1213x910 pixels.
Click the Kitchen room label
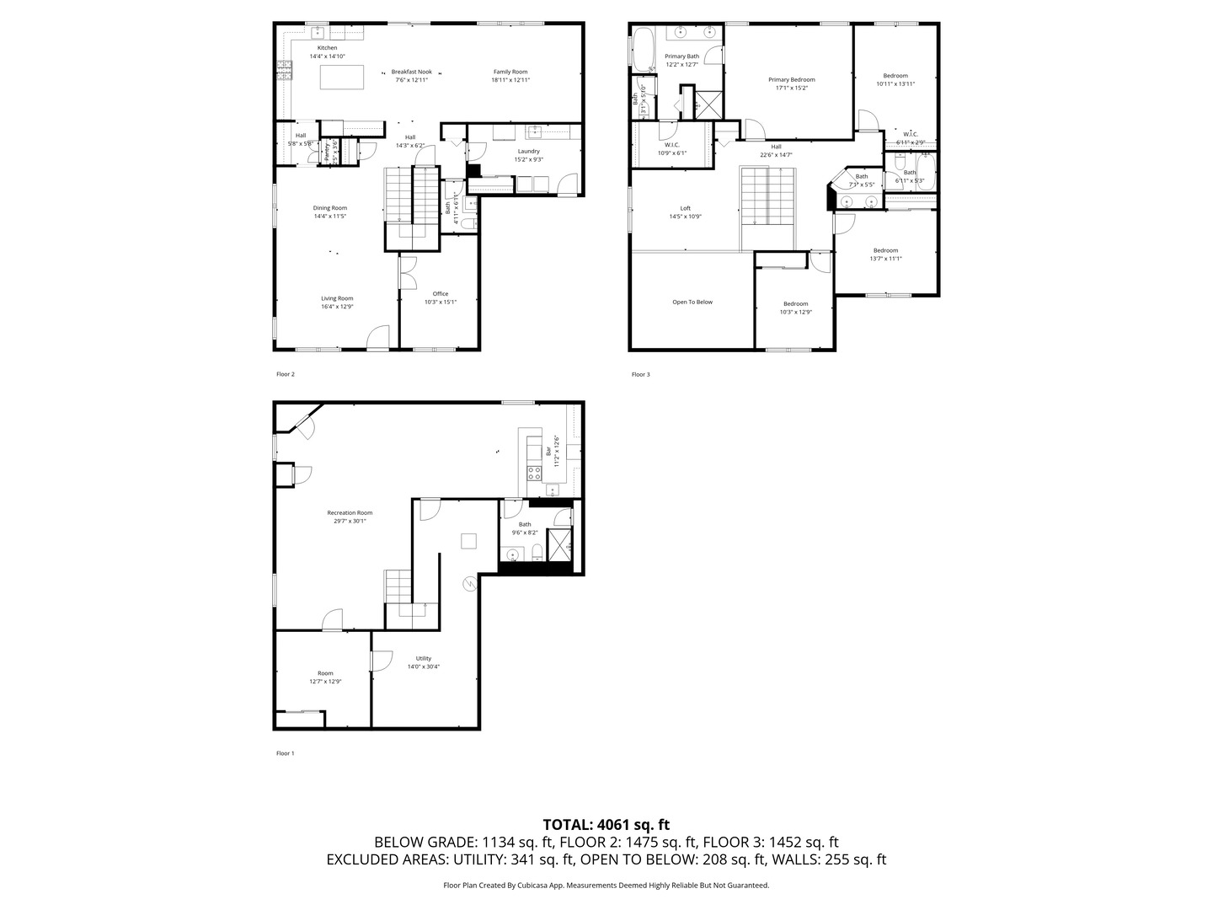coord(327,48)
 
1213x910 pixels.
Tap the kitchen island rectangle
coord(342,78)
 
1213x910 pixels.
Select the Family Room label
coord(510,72)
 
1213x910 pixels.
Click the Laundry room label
coord(528,151)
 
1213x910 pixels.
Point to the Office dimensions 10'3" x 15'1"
coord(440,302)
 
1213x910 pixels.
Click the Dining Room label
coord(329,208)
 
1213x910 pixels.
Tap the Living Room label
coord(337,298)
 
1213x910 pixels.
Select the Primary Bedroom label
coord(791,80)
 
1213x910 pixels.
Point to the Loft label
coord(685,208)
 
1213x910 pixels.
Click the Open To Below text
coord(692,302)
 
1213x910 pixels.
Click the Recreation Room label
coord(350,512)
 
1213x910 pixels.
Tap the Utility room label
coord(423,658)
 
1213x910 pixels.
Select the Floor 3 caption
coord(640,374)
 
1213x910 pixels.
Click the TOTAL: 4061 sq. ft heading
coord(606,824)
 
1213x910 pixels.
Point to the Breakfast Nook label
coord(411,72)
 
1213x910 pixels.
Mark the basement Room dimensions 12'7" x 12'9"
coord(325,682)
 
